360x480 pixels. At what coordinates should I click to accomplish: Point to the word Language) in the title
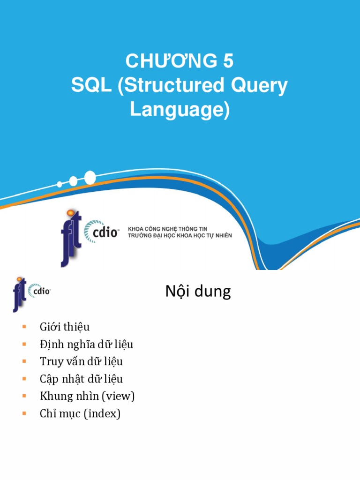[180, 110]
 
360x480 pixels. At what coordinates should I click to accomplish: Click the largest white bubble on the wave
[90, 178]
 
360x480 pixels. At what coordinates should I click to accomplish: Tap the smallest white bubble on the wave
[59, 184]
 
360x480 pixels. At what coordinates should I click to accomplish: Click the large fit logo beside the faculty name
[71, 237]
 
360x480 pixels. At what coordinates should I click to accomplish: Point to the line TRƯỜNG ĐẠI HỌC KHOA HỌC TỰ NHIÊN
[180, 235]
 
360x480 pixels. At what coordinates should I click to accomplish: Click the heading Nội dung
[198, 292]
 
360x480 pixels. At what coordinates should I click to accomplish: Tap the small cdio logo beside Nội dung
[39, 292]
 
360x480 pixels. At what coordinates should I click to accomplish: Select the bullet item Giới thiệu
[65, 327]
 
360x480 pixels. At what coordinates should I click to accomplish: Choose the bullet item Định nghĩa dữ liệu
[87, 345]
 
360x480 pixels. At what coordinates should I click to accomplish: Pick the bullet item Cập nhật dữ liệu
[82, 379]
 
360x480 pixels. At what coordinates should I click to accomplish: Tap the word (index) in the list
[103, 414]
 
